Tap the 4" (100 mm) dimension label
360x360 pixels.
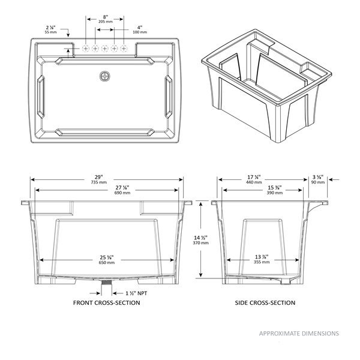(139, 30)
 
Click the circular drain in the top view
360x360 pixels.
(106, 76)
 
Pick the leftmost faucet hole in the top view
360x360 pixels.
(86, 48)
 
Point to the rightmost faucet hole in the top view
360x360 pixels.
(124, 48)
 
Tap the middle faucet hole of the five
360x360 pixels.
(105, 48)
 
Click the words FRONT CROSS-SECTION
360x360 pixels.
(107, 303)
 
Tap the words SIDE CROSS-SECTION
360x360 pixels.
(265, 303)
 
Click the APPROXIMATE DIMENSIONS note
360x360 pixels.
(298, 333)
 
